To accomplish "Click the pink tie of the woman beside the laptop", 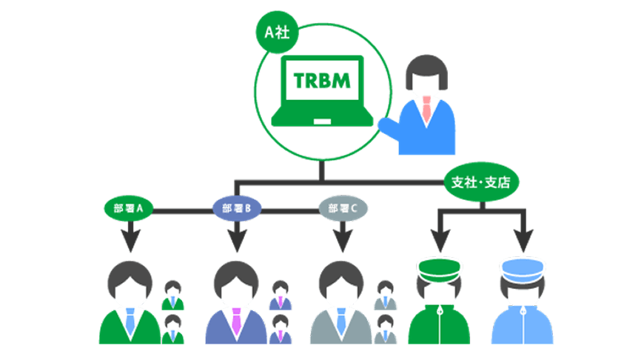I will (426, 111).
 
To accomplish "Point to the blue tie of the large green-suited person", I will (131, 321).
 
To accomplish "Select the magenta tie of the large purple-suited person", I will (236, 321).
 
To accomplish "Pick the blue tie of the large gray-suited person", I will (341, 321).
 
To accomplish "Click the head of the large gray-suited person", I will (341, 284).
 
